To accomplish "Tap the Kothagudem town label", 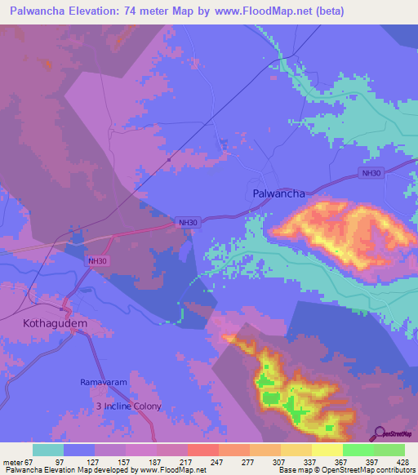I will [55, 323].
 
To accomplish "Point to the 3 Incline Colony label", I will [128, 406].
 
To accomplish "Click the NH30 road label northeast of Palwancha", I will [372, 173].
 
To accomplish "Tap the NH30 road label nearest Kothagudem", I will [93, 260].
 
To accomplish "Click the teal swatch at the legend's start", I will [48, 450].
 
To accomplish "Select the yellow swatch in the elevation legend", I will [327, 450].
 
